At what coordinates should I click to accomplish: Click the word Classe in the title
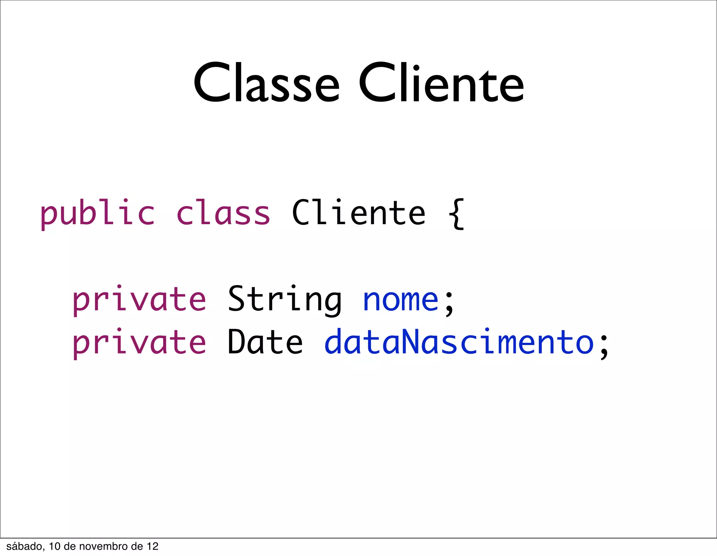pyautogui.click(x=266, y=84)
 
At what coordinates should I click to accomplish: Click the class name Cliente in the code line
pyautogui.click(x=359, y=213)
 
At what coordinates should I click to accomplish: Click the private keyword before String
pyautogui.click(x=139, y=300)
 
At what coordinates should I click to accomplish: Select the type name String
pyautogui.click(x=285, y=300)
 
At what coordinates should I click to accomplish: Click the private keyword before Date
pyautogui.click(x=139, y=343)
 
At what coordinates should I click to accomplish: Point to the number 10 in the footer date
pyautogui.click(x=55, y=547)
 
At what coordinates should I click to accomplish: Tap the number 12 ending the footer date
pyautogui.click(x=153, y=547)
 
